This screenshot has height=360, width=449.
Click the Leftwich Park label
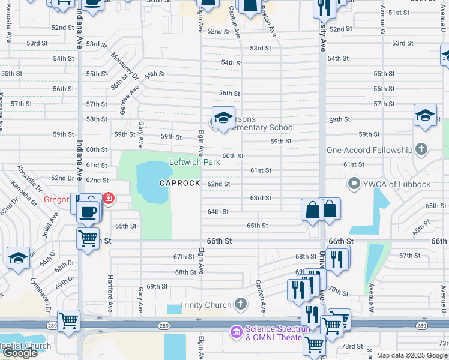(x=195, y=162)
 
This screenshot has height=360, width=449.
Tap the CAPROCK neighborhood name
(x=179, y=183)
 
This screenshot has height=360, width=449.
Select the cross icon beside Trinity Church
(x=241, y=305)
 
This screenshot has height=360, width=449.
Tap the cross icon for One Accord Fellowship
(x=421, y=149)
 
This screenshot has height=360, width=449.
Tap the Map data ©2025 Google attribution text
(x=411, y=355)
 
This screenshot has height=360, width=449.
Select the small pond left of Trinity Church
(x=174, y=309)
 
